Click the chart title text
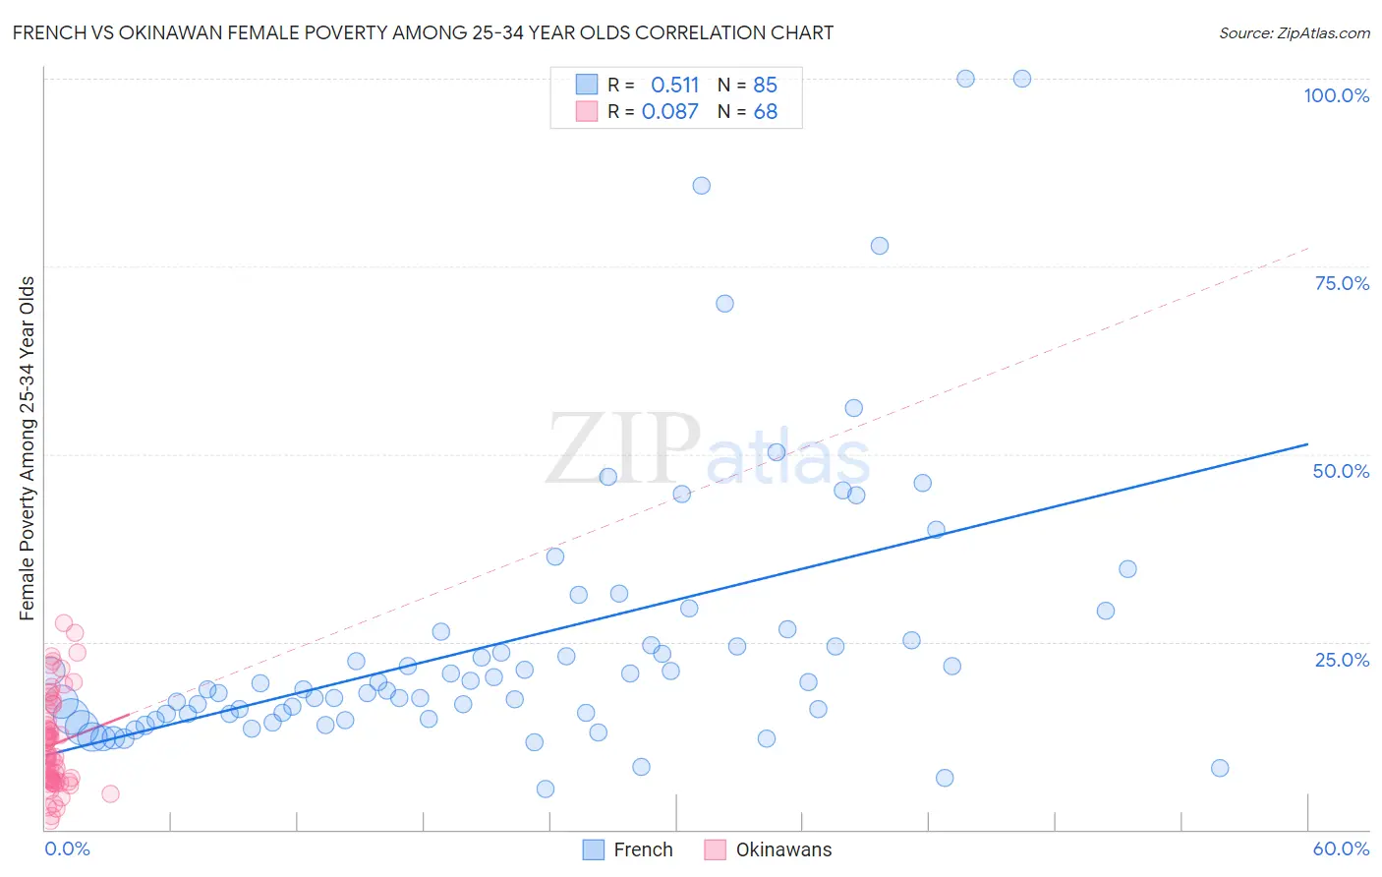click(423, 32)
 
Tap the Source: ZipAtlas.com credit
click(1294, 32)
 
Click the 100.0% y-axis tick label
click(1336, 95)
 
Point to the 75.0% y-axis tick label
click(1341, 283)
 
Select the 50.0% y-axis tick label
click(1340, 471)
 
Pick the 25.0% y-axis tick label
click(1341, 659)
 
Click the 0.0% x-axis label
click(67, 848)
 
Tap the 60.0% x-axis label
click(1340, 848)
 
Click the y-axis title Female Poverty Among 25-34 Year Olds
click(28, 448)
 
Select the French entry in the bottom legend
click(628, 849)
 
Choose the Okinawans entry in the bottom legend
click(769, 849)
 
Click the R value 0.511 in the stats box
click(674, 85)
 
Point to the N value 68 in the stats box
click(765, 111)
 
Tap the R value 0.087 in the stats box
click(669, 111)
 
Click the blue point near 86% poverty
click(701, 186)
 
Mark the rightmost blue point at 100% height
click(1021, 79)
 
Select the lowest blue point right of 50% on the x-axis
click(1220, 768)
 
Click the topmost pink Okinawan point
click(64, 622)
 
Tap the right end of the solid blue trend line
click(1307, 443)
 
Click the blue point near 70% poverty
click(724, 304)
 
